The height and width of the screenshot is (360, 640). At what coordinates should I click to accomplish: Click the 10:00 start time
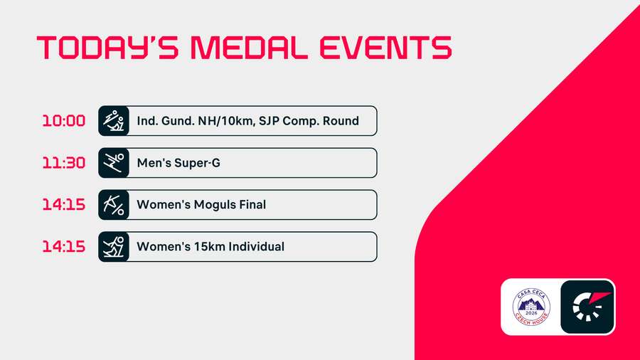[x=63, y=121]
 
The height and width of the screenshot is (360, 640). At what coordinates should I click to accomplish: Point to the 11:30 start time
[x=63, y=163]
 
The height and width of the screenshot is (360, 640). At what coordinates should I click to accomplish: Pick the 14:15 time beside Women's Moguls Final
[x=63, y=205]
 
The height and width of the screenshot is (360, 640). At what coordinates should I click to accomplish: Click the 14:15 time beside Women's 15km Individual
[x=63, y=247]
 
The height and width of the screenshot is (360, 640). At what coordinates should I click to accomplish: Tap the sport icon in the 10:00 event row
[x=114, y=121]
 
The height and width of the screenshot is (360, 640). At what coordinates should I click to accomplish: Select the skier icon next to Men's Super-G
[x=114, y=163]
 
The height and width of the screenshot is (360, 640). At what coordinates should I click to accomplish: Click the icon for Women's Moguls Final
[x=114, y=205]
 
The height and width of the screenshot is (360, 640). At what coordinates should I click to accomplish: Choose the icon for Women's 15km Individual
[x=114, y=247]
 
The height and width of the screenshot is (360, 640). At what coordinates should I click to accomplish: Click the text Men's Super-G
[x=178, y=163]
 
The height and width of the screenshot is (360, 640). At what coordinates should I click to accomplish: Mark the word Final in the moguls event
[x=252, y=205]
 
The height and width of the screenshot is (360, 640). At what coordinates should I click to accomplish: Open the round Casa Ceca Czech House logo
[x=531, y=307]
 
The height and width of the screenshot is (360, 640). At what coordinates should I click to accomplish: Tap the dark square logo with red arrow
[x=587, y=307]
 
